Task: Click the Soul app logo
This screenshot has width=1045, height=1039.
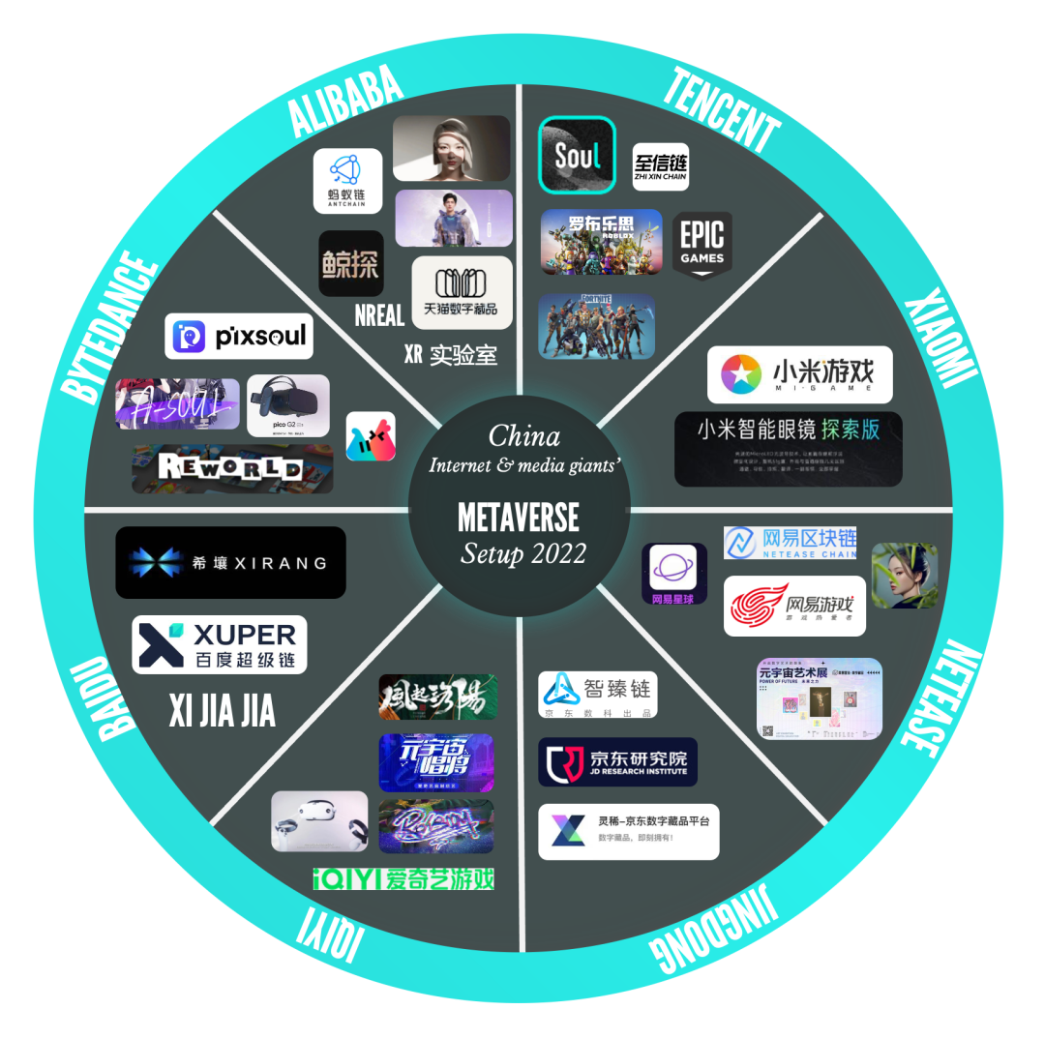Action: [x=577, y=155]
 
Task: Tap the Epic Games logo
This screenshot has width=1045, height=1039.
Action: [x=702, y=243]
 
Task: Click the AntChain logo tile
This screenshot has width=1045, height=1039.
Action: [x=347, y=181]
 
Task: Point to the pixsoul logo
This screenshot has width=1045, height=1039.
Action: [x=238, y=337]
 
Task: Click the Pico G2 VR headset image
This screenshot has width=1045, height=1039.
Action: [x=288, y=405]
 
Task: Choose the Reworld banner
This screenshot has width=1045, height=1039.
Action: [x=232, y=469]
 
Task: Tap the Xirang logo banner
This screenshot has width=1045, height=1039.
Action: [x=230, y=562]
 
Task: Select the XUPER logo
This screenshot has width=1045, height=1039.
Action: [x=219, y=644]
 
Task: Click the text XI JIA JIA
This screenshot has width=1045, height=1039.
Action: [x=222, y=712]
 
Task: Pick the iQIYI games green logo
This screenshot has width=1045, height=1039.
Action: [x=403, y=878]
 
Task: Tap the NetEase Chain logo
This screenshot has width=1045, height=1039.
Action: [x=790, y=543]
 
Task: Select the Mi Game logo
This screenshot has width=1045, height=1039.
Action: [x=799, y=374]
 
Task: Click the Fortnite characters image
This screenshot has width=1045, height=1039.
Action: [x=596, y=326]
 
